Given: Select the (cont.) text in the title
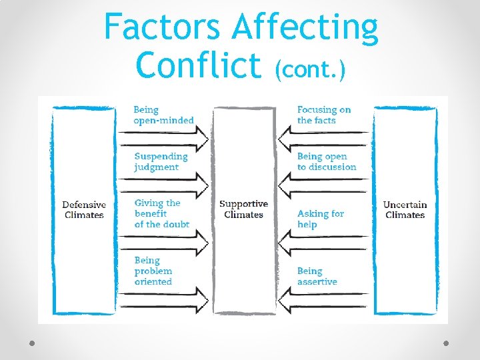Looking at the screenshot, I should pos(310,67).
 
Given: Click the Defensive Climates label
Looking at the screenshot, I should pos(84,209).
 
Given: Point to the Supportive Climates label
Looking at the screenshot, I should pos(243,209).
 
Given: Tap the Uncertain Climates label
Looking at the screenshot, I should pos(405,209).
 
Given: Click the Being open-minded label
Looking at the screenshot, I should pos(163,115).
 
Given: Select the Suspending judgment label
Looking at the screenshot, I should pos(161,161).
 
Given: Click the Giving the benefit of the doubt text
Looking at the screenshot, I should pos(161,213).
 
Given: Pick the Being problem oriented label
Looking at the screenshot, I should pos(153,271).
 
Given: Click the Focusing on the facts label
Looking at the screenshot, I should pos(324,115).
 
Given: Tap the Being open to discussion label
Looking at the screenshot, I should pos(327,161).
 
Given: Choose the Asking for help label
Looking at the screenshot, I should pos(320,219).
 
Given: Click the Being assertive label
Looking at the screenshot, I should pos(317,276).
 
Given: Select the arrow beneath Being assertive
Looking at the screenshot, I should pos(323,295).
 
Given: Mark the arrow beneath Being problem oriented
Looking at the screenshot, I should pos(163,295).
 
